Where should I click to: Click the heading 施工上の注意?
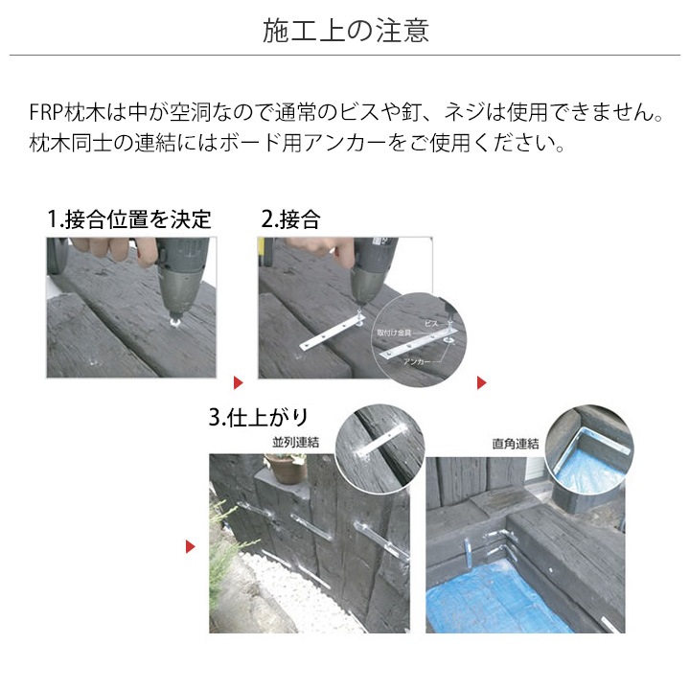(345, 30)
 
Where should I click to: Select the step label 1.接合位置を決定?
(129, 219)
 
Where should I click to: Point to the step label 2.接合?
(291, 219)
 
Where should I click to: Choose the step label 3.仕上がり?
(259, 418)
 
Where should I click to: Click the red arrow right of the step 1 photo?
(239, 368)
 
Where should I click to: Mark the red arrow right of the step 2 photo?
(482, 383)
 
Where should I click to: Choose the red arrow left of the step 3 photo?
(191, 547)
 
